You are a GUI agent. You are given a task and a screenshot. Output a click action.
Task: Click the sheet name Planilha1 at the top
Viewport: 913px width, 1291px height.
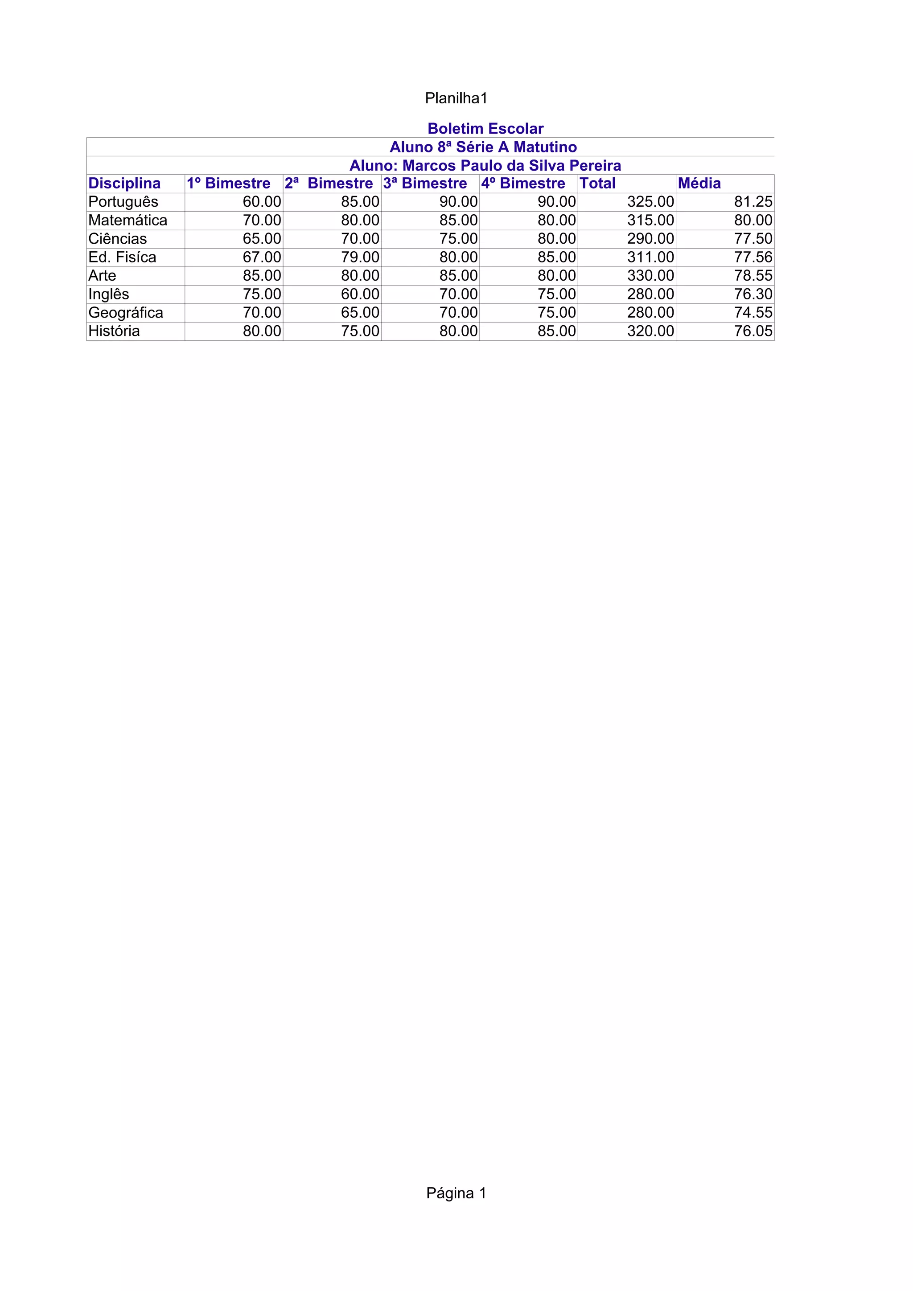coord(456,98)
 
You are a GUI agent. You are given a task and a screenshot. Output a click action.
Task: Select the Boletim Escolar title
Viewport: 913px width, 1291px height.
coord(485,129)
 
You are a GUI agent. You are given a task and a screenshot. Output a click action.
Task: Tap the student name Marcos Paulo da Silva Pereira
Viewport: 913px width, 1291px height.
coord(511,166)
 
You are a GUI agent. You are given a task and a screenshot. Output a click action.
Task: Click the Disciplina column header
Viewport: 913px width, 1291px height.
coord(124,183)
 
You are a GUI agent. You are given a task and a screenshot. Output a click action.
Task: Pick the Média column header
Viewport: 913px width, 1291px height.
coord(699,183)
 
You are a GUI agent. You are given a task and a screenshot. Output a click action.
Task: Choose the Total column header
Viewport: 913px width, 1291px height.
coord(597,183)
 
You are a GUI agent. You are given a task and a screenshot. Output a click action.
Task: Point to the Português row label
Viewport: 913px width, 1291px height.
coord(123,202)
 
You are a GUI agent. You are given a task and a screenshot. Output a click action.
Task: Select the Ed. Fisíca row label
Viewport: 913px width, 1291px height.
coord(122,257)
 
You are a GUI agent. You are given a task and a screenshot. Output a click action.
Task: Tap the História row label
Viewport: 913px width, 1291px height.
coord(114,331)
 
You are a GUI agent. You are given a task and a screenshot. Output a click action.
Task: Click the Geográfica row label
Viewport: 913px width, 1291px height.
coord(125,313)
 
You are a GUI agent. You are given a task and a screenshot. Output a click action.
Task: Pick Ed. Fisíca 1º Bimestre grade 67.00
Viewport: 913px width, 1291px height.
coord(262,257)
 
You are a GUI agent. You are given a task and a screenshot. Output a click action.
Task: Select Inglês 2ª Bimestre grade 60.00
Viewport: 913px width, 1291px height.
coord(360,294)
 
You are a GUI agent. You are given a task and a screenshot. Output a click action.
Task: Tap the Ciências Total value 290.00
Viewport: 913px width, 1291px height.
coord(650,239)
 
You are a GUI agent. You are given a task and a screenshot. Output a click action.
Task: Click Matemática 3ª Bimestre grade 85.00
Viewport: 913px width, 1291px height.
coord(458,221)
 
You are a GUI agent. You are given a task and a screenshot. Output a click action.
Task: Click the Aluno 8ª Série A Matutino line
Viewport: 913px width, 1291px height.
coord(483,147)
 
